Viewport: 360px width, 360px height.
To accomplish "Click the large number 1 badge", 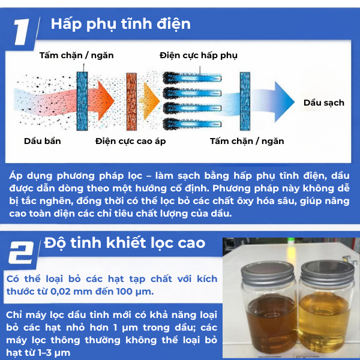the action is point(22,32).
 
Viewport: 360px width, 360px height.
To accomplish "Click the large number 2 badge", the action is point(21,253).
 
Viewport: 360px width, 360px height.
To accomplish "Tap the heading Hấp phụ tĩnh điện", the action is point(121,25).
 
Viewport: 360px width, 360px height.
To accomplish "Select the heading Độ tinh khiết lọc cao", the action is point(125,244).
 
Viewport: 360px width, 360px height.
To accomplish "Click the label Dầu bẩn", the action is point(43,141).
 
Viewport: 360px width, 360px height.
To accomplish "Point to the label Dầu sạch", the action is point(324,103).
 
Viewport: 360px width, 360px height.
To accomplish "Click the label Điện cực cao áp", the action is point(130,141).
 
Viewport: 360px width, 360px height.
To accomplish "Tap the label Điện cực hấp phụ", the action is point(199,56).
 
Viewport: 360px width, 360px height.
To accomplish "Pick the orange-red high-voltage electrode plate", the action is point(131,101).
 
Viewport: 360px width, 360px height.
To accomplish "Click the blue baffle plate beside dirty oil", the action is point(82,101).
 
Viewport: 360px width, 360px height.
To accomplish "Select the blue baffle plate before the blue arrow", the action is point(245,101).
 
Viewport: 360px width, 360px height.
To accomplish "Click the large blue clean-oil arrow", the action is point(273,102).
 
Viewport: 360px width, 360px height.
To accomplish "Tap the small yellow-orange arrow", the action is point(149,101).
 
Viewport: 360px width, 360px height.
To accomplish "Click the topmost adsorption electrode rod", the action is point(192,78).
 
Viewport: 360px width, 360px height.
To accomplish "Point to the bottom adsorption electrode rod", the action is point(192,124).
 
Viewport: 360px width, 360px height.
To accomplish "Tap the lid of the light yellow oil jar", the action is point(328,273).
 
